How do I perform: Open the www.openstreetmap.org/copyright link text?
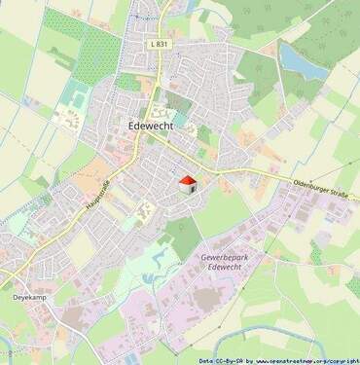click(307, 358)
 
